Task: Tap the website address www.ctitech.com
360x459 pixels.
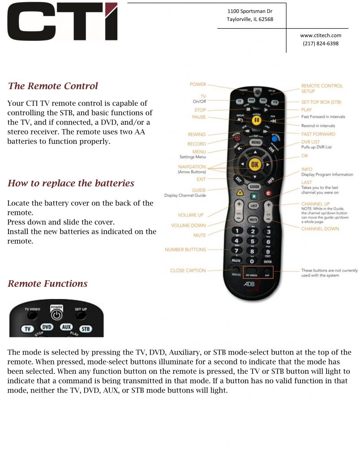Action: click(321, 35)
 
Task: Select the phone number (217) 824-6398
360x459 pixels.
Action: click(321, 43)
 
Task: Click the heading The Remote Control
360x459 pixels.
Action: click(53, 86)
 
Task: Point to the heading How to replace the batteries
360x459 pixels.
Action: click(71, 183)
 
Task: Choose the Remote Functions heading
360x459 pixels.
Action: click(47, 284)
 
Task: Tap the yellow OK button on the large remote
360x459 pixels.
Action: click(255, 165)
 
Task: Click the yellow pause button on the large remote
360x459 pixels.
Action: click(256, 120)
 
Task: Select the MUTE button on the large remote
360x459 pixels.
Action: click(254, 220)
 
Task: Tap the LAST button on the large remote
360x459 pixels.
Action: click(254, 205)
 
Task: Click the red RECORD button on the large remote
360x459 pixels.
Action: click(236, 138)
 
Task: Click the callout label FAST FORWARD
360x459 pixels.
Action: click(318, 134)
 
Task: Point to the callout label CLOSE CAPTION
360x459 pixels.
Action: click(188, 270)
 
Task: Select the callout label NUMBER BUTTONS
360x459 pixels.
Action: click(185, 249)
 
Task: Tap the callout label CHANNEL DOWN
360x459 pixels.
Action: click(320, 229)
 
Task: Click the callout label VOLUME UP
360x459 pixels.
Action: click(190, 215)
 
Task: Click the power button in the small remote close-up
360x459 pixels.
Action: click(56, 315)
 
